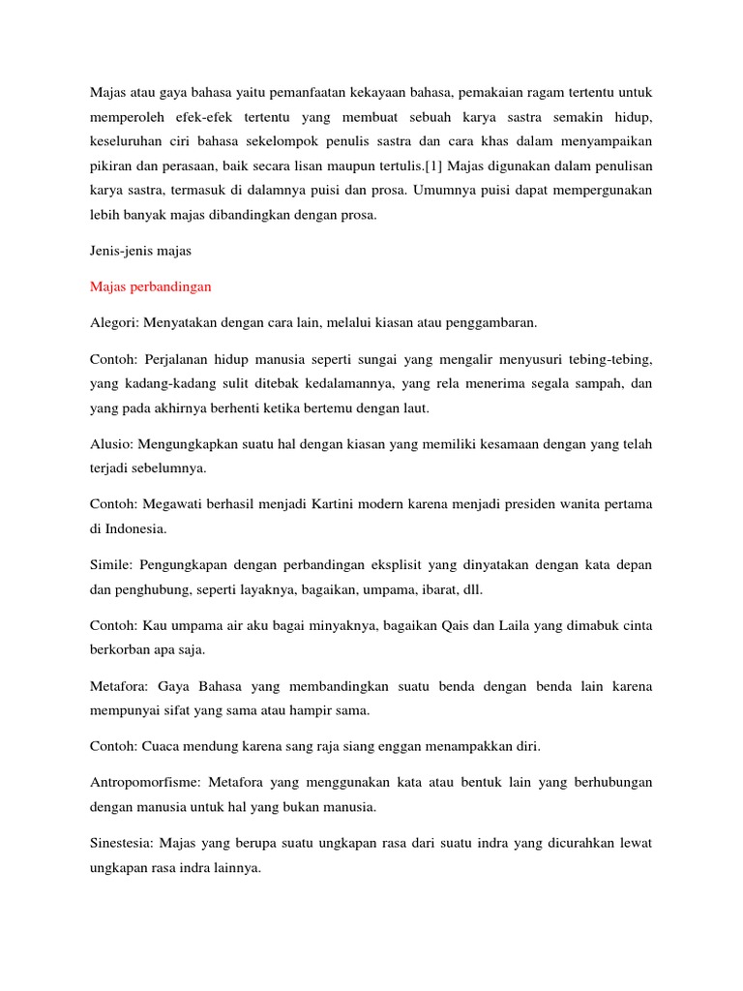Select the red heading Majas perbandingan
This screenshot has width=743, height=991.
tap(151, 286)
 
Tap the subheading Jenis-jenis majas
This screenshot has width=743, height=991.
tap(141, 252)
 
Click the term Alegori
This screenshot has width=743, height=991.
tap(112, 322)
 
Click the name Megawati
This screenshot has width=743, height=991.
tap(174, 504)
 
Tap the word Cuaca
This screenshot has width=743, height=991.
tap(165, 747)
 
